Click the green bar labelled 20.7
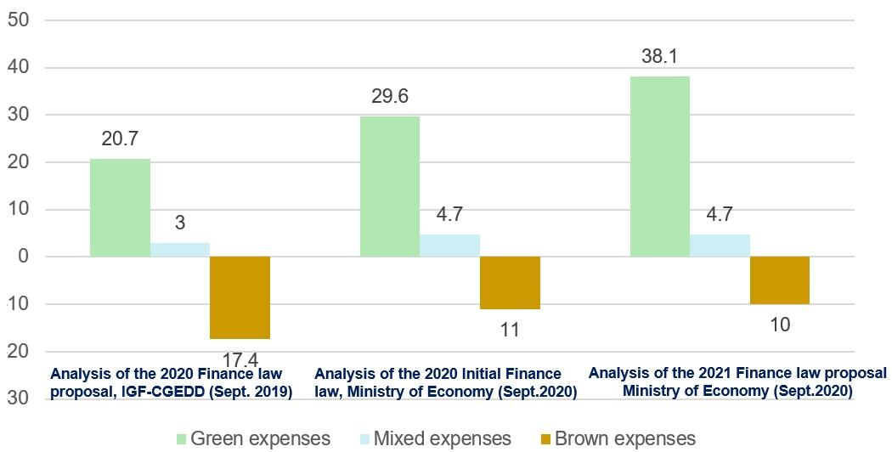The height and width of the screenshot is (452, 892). pyautogui.click(x=120, y=207)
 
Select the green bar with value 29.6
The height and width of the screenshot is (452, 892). pyautogui.click(x=390, y=186)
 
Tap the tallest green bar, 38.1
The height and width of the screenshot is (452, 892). pyautogui.click(x=660, y=167)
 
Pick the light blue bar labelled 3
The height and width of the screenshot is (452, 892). pyautogui.click(x=180, y=250)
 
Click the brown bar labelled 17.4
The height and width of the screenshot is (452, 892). pyautogui.click(x=240, y=297)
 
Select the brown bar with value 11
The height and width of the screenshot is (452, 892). pyautogui.click(x=510, y=283)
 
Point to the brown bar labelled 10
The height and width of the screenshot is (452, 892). pyautogui.click(x=780, y=280)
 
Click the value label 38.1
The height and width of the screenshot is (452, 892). pyautogui.click(x=660, y=59)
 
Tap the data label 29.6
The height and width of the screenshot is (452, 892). pyautogui.click(x=390, y=97)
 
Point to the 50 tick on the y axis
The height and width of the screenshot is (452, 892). pyautogui.click(x=20, y=20)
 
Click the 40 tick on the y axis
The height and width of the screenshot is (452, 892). pyautogui.click(x=20, y=67)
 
